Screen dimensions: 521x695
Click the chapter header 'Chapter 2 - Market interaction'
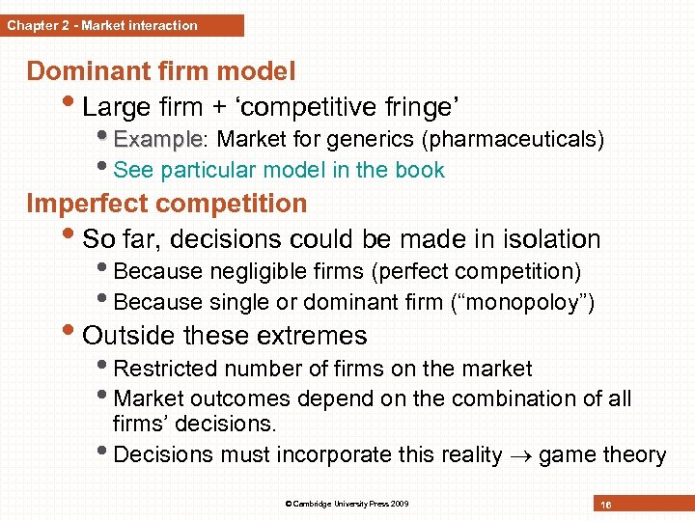(102, 25)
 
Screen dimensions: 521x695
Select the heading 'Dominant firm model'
(161, 71)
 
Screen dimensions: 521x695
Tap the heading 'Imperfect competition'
(167, 204)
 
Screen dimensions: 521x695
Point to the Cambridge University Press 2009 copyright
(347, 504)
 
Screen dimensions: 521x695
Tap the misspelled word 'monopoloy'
(523, 303)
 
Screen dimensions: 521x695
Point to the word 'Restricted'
(163, 369)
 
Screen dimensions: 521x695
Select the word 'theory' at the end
(633, 455)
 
